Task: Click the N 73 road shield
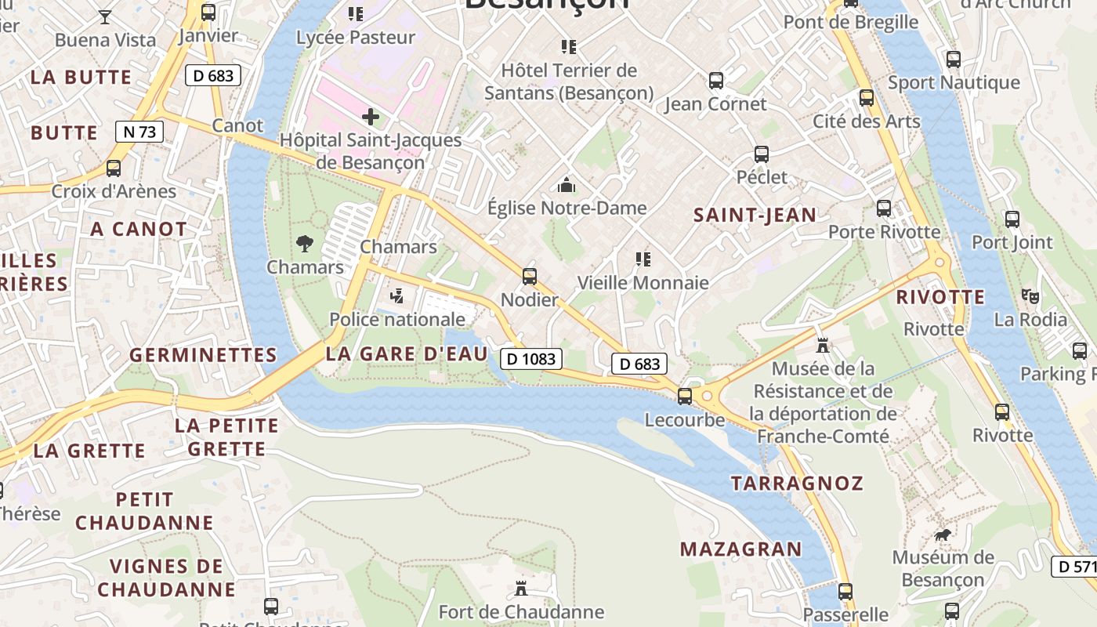[139, 132]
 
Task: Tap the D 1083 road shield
[531, 359]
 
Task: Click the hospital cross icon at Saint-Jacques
[371, 118]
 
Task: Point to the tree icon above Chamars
[305, 244]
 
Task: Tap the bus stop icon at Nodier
[530, 276]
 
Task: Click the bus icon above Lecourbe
[685, 397]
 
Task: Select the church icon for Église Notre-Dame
[566, 185]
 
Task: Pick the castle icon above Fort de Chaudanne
[521, 588]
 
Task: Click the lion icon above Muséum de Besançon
[943, 535]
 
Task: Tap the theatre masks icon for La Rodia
[1030, 296]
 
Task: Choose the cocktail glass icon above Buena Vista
[105, 16]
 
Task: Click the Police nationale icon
[397, 296]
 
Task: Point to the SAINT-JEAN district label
[755, 215]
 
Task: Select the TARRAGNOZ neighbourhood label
[797, 484]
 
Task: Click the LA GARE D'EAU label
[406, 353]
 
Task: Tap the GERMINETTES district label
[203, 355]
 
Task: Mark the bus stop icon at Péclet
[762, 154]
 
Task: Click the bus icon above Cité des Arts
[867, 98]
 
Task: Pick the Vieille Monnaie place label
[643, 283]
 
